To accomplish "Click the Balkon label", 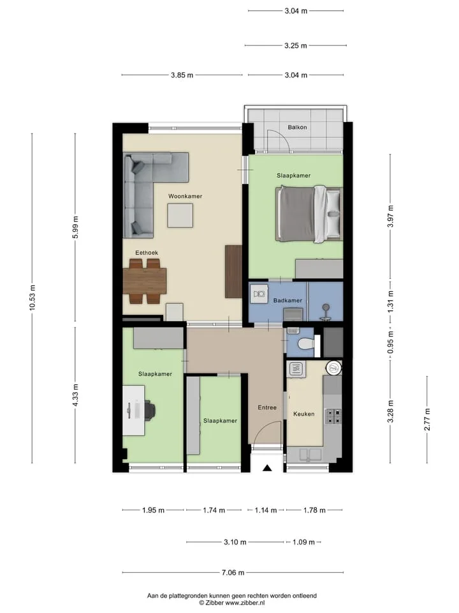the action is pyautogui.click(x=298, y=127).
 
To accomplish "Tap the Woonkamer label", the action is pyautogui.click(x=186, y=196).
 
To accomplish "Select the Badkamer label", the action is pyautogui.click(x=288, y=301).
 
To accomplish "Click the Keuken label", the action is pyautogui.click(x=304, y=414).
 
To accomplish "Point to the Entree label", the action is pyautogui.click(x=267, y=407).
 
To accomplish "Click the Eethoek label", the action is pyautogui.click(x=147, y=253).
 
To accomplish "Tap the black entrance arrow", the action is pyautogui.click(x=267, y=467).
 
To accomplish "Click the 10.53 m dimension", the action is pyautogui.click(x=32, y=298).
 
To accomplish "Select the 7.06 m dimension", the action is pyautogui.click(x=233, y=573).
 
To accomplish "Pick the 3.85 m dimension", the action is pyautogui.click(x=182, y=75).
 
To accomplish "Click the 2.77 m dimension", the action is pyautogui.click(x=427, y=420).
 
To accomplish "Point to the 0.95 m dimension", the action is pyautogui.click(x=390, y=342).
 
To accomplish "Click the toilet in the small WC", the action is pyautogui.click(x=305, y=344).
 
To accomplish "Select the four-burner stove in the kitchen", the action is pyautogui.click(x=333, y=416).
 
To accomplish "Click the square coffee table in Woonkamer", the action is pyautogui.click(x=180, y=216).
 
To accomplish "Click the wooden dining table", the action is pyautogui.click(x=145, y=281).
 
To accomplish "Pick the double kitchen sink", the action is pyautogui.click(x=310, y=454).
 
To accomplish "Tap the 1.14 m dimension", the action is pyautogui.click(x=265, y=510).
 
